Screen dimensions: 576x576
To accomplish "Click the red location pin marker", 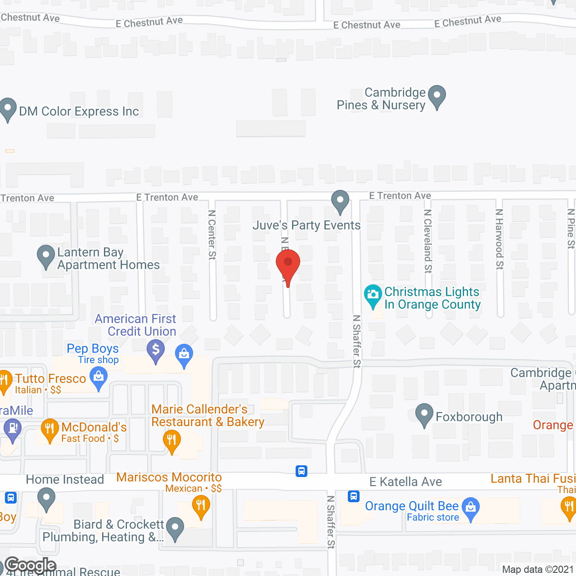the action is click(x=288, y=265).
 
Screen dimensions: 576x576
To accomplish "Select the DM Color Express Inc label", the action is click(x=79, y=112).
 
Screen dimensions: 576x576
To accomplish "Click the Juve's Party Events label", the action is click(x=306, y=225).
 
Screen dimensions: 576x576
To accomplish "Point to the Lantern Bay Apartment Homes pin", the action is click(x=45, y=256).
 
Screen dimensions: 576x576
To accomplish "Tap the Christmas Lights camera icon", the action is click(x=373, y=295).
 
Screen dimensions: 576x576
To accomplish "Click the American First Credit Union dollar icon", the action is click(x=156, y=350).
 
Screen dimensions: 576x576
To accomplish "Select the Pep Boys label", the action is click(x=93, y=349).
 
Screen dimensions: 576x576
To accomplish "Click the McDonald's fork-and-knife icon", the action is click(x=49, y=429).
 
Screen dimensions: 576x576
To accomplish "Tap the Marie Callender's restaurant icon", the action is click(x=171, y=440).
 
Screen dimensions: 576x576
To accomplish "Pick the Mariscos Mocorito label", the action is click(x=169, y=477).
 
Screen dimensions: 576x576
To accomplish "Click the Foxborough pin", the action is click(x=424, y=414).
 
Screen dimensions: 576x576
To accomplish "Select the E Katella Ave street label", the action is click(x=405, y=482).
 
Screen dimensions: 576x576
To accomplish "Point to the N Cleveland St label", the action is click(x=428, y=241).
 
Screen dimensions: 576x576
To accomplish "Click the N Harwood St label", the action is click(x=499, y=239).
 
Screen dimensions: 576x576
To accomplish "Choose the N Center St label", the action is click(x=212, y=235).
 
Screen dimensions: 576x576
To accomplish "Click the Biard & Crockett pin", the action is click(x=175, y=528).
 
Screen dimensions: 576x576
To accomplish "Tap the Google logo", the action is click(x=31, y=565).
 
